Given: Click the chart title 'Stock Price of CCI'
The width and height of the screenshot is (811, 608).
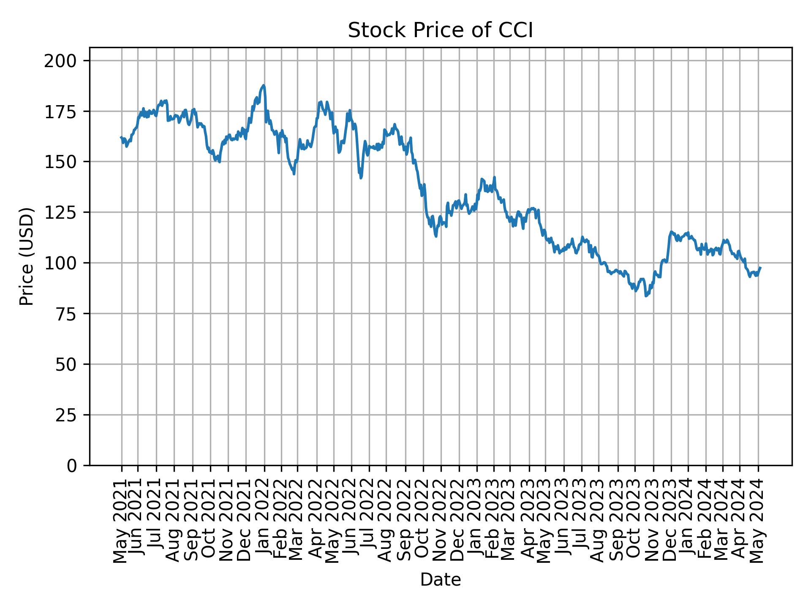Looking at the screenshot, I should click(440, 31).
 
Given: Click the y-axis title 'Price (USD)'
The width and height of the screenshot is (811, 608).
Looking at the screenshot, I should click(27, 256).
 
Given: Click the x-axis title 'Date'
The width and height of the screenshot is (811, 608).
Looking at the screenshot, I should click(440, 580).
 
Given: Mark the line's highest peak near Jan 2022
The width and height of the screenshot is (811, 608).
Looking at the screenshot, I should click(264, 85).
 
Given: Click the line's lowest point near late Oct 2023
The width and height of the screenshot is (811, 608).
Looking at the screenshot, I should click(646, 296).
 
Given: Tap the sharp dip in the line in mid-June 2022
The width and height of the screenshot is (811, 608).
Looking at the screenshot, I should click(361, 178).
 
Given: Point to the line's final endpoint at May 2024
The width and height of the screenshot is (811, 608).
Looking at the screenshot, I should click(760, 268).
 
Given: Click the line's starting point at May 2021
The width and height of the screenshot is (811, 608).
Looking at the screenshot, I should click(121, 137).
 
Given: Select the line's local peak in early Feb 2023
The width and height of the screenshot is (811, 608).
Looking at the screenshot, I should click(494, 177).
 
